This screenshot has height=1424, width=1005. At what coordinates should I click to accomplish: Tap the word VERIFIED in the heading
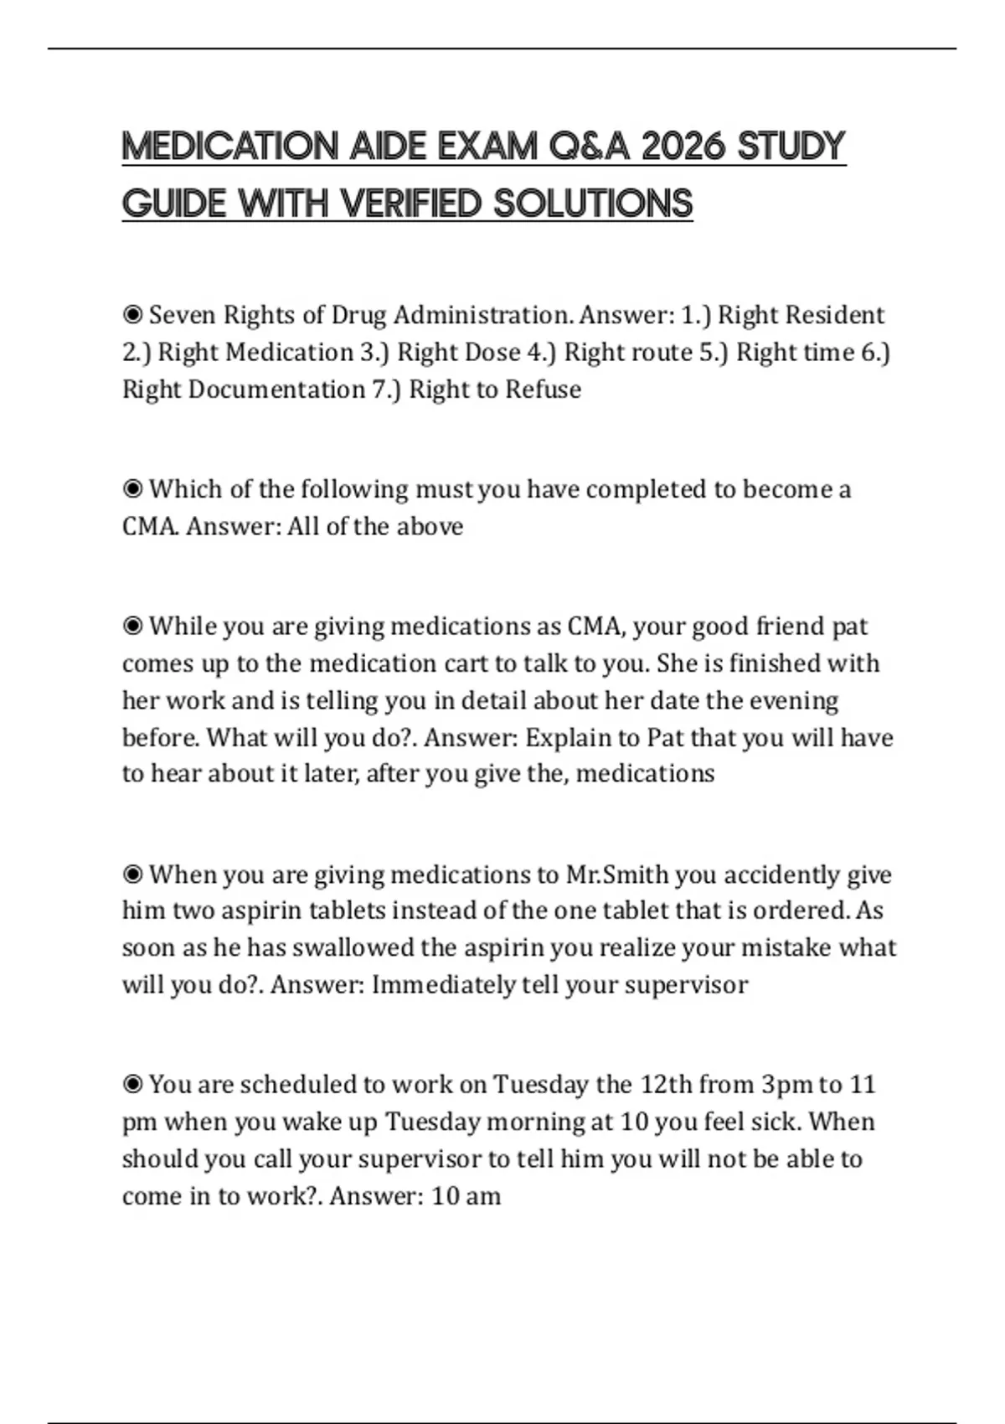click(413, 204)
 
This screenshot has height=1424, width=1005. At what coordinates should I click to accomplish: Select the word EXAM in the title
click(487, 147)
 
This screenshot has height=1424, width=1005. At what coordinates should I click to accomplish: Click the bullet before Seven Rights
click(131, 315)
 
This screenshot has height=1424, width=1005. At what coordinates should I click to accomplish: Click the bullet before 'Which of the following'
click(131, 489)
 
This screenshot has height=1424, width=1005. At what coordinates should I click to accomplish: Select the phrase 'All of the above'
click(375, 527)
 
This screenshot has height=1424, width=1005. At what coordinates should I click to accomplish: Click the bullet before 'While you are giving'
click(131, 627)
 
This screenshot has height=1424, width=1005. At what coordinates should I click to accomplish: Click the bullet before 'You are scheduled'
click(131, 1085)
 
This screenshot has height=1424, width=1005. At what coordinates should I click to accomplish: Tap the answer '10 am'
click(466, 1196)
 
